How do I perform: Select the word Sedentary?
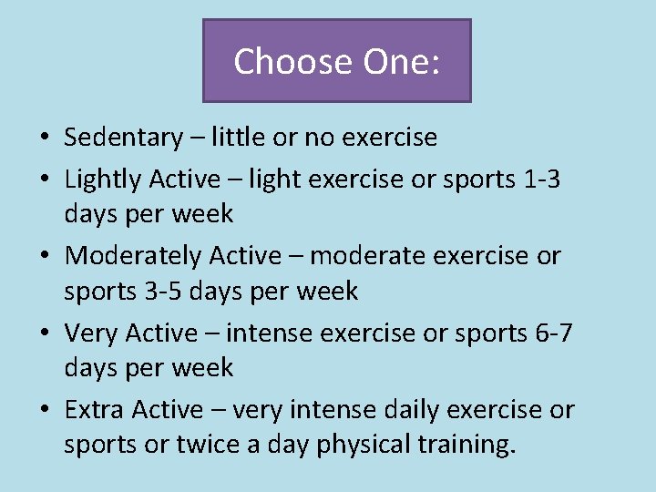(123, 138)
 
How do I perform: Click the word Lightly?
(102, 180)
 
